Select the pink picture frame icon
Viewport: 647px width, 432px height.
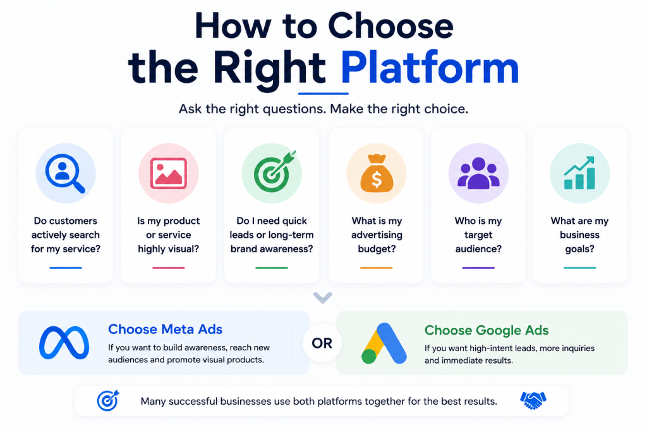[168, 173]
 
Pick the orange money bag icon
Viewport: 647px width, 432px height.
[377, 173]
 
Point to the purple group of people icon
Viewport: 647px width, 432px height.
[479, 173]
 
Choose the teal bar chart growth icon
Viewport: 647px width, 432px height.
[579, 173]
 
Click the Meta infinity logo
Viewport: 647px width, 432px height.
[64, 342]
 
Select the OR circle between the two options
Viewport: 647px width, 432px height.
[322, 343]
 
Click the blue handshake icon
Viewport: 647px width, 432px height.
[533, 400]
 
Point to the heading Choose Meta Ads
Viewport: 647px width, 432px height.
[165, 329]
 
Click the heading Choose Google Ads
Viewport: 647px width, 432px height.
[487, 330]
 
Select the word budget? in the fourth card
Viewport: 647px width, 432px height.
[377, 249]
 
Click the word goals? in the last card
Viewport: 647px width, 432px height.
[580, 249]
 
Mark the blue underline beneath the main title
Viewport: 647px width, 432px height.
[323, 94]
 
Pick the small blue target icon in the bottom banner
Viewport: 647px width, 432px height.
[108, 400]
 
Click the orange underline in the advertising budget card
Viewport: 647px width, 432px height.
[377, 268]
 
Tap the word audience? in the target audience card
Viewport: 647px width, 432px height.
[479, 249]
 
